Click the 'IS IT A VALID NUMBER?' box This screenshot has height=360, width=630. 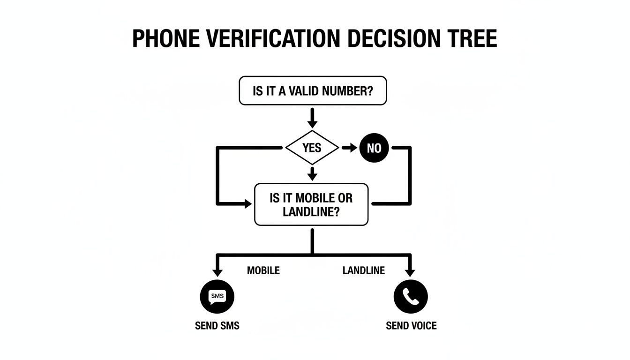313,90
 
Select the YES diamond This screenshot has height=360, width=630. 312,148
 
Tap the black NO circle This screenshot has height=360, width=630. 374,149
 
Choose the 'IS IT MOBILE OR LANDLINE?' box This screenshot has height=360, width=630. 311,204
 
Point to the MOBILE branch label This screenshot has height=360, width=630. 263,270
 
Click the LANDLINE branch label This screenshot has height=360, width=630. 363,270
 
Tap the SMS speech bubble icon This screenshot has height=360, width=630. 217,296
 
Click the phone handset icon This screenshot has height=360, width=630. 411,296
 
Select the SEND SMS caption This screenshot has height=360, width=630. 217,325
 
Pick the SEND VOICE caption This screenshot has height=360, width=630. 411,325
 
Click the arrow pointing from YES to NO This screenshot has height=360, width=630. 349,148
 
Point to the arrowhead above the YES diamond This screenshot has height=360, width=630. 312,123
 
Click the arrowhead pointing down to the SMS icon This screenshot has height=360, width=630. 217,272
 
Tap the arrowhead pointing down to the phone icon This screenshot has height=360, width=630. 411,272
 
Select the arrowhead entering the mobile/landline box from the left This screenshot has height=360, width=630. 247,204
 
